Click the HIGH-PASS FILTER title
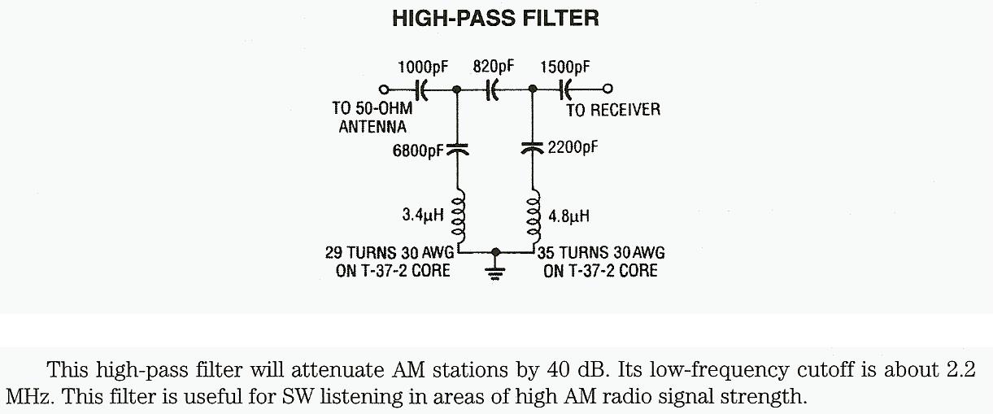[495, 19]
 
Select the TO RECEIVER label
[613, 110]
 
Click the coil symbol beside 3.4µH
[457, 214]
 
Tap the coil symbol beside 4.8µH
[533, 214]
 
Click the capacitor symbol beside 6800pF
[457, 149]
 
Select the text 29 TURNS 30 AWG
[389, 253]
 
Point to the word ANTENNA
[372, 127]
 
